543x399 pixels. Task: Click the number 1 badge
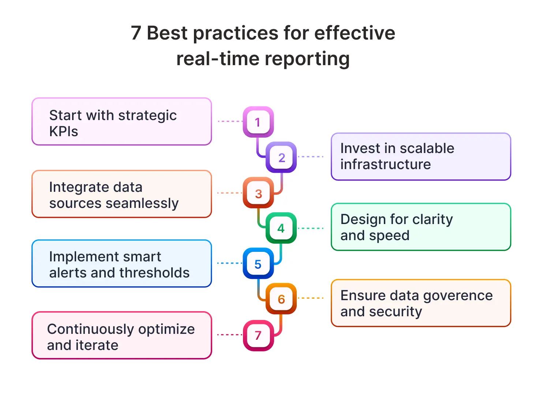(258, 122)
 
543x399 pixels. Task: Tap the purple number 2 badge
(281, 157)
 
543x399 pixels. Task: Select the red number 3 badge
(258, 193)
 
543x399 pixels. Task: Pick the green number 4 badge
(281, 228)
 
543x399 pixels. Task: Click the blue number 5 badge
(258, 264)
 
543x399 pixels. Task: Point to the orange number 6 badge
(281, 299)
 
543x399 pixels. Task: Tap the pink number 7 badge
(258, 335)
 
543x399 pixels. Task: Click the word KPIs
(64, 131)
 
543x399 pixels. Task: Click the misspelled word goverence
(457, 295)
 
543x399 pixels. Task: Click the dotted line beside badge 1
(230, 121)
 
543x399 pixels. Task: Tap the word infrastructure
(385, 164)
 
